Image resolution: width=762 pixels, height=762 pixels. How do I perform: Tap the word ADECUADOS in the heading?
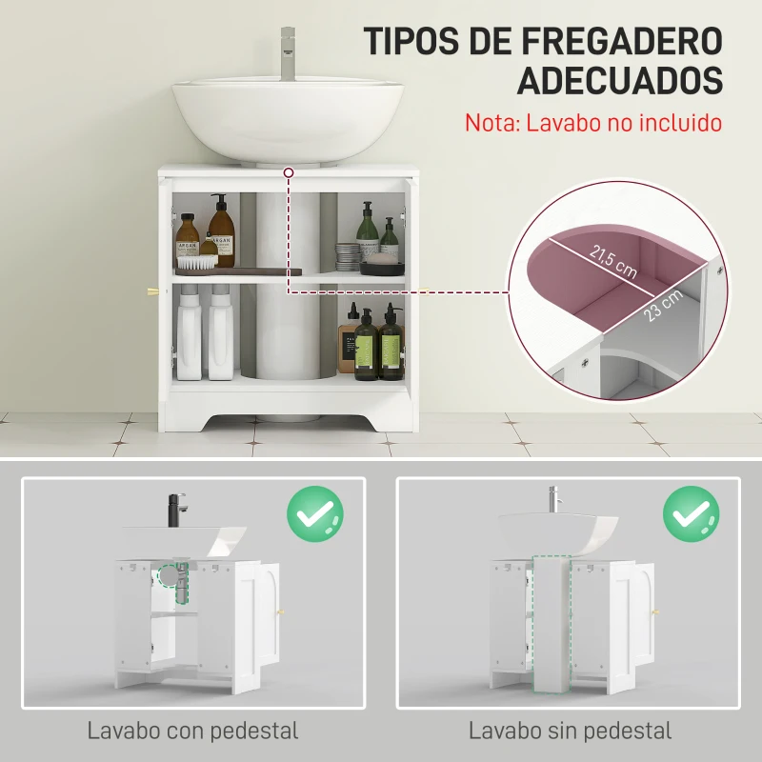pos(619,80)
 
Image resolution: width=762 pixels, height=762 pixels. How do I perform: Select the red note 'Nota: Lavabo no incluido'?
pos(592,123)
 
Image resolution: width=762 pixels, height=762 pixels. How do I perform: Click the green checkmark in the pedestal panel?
pos(315,514)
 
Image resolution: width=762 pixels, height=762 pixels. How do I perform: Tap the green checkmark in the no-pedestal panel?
pos(692,514)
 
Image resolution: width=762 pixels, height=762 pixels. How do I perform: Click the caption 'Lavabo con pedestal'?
pos(193,732)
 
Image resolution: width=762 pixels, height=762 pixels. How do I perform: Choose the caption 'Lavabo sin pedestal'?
pos(570,732)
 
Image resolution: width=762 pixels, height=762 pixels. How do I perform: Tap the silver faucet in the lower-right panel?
pos(551,499)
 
